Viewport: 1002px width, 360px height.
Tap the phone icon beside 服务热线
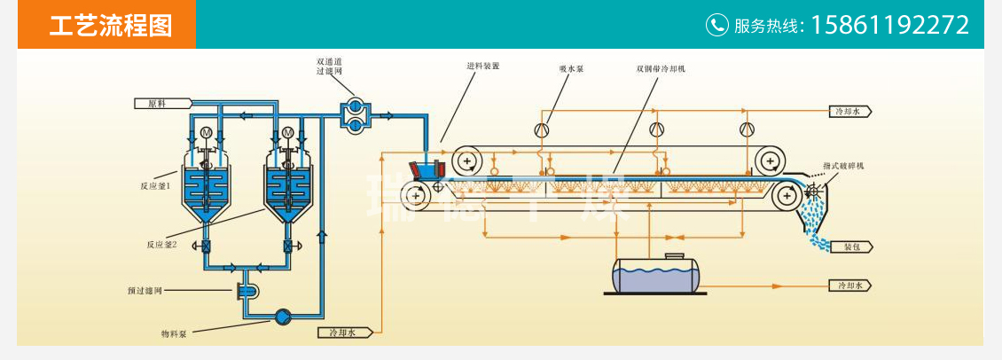(716, 25)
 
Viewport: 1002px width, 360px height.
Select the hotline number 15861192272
(890, 25)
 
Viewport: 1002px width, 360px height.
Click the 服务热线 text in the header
(767, 26)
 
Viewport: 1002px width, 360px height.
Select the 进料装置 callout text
(483, 66)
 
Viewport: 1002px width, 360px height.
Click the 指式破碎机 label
(843, 166)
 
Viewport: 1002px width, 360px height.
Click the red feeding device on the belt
(424, 168)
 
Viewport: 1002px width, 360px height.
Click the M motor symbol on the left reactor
(207, 133)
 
